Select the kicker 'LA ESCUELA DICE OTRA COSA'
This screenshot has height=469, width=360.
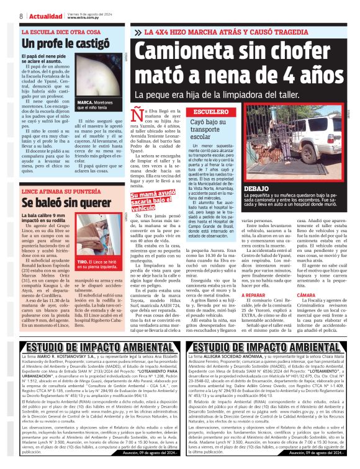click(60, 31)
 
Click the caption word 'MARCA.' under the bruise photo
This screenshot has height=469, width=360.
click(86, 102)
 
